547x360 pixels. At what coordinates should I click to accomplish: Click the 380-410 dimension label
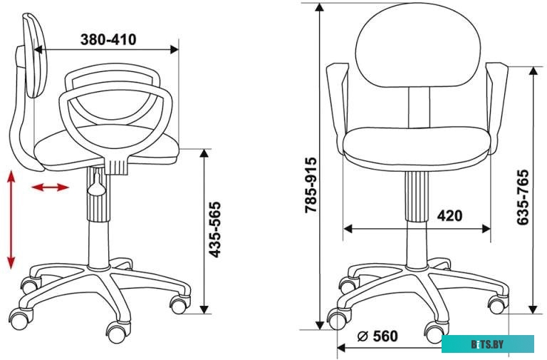tap(108, 39)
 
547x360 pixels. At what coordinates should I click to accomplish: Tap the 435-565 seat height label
tap(215, 230)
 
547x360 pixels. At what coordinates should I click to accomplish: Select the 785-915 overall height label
tap(311, 185)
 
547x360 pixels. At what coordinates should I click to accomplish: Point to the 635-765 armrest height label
tap(523, 197)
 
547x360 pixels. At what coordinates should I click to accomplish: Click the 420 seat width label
tap(449, 216)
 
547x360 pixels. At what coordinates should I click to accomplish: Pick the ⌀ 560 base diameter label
tap(377, 336)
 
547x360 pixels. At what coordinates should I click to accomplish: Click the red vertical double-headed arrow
tap(11, 220)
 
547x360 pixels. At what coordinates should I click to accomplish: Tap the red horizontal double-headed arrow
tap(51, 187)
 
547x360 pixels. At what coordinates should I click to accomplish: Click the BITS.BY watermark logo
tap(488, 344)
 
